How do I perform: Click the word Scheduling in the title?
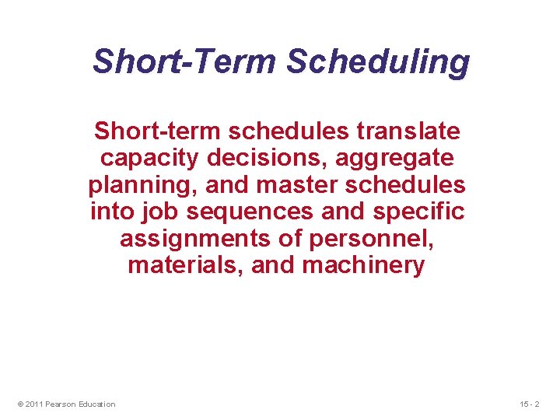coord(378,61)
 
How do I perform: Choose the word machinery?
coord(363,265)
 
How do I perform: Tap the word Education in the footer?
coord(96,404)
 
